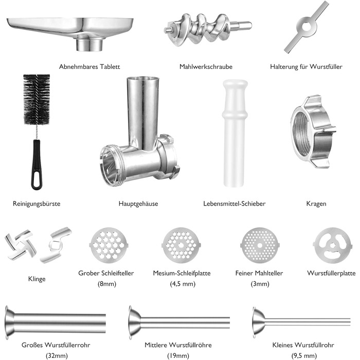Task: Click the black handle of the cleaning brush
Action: click(x=37, y=165)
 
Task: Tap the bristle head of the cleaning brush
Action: click(x=37, y=99)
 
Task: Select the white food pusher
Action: click(x=235, y=133)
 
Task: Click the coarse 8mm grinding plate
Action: click(x=109, y=245)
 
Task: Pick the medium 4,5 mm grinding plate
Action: click(x=181, y=245)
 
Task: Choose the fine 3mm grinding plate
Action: click(x=260, y=245)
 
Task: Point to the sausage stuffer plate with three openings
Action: click(x=333, y=245)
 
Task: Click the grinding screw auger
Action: click(x=208, y=30)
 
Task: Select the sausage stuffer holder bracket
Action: click(x=307, y=27)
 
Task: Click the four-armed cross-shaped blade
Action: click(x=21, y=245)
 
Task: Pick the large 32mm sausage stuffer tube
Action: click(x=55, y=322)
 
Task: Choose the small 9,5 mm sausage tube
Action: click(x=302, y=322)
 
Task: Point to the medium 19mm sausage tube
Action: click(x=179, y=322)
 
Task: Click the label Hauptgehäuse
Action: click(x=138, y=204)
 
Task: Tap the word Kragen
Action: click(x=316, y=204)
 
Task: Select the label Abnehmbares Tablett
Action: click(x=89, y=67)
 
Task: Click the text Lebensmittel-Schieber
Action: click(x=234, y=204)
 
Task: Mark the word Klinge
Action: click(x=37, y=279)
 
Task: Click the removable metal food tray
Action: click(x=70, y=32)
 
